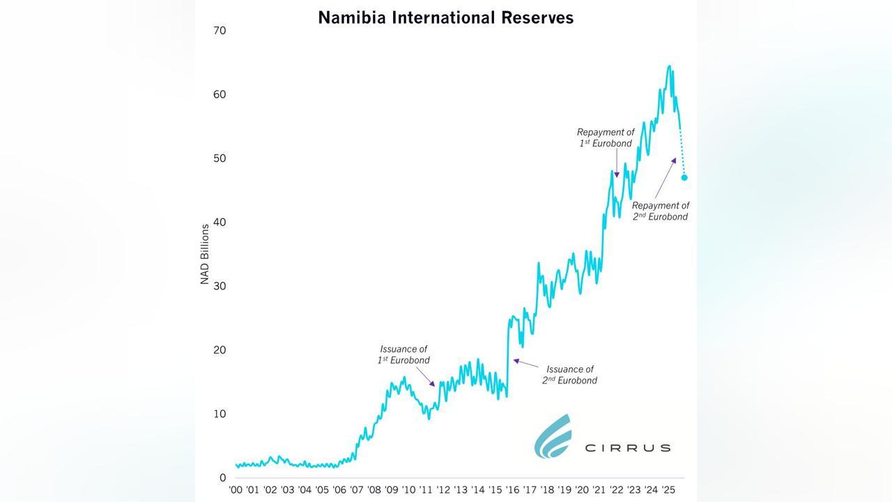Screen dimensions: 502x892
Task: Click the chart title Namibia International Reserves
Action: pos(445,17)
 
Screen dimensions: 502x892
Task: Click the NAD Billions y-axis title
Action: pos(205,254)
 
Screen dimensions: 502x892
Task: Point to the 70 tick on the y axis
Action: pos(220,31)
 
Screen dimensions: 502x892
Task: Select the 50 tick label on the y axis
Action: pos(220,158)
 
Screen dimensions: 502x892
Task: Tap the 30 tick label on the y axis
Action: pos(220,286)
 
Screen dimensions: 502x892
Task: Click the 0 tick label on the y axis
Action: pos(222,478)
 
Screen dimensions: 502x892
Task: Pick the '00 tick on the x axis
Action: pos(236,490)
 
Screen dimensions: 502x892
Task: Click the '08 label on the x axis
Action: pos(374,490)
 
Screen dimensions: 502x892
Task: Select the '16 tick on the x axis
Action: pos(512,490)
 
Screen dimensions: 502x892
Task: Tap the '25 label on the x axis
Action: pos(668,490)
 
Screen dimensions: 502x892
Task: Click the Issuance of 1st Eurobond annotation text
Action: pos(403,354)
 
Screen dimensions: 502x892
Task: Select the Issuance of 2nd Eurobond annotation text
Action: pos(569,375)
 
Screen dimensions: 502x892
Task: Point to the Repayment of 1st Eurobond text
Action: pos(606,137)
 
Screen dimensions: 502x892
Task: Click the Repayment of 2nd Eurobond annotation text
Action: pos(660,211)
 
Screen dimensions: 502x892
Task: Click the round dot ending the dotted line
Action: pos(684,178)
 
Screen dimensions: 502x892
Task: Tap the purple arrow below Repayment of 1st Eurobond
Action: pos(617,167)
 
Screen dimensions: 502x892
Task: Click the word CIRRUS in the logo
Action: pos(627,448)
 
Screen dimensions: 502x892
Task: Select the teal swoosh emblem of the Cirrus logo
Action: pos(553,436)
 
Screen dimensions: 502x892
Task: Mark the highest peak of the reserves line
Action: pos(669,67)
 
